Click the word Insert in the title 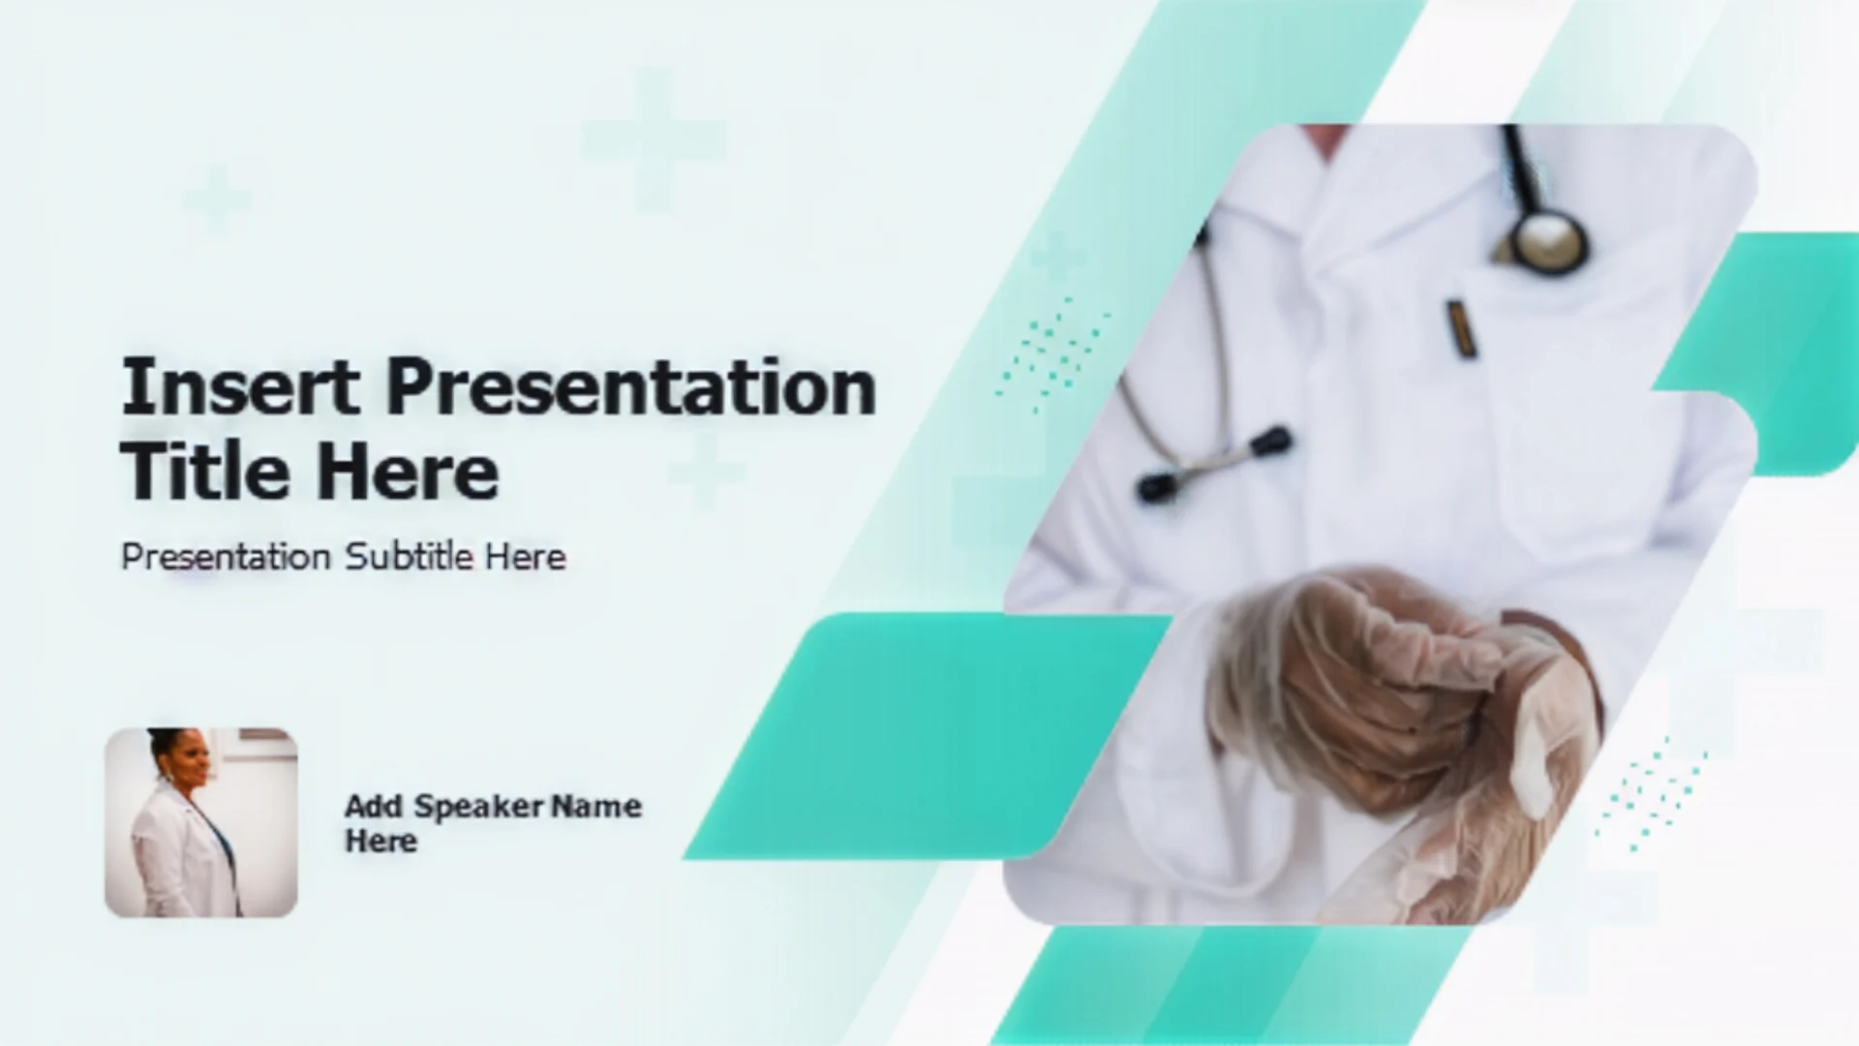pyautogui.click(x=240, y=386)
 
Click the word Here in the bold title pyautogui.click(x=408, y=472)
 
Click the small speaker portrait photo pyautogui.click(x=201, y=822)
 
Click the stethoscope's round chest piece pyautogui.click(x=1549, y=240)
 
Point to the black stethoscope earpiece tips pyautogui.click(x=1215, y=463)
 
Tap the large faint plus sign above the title pyautogui.click(x=654, y=139)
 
